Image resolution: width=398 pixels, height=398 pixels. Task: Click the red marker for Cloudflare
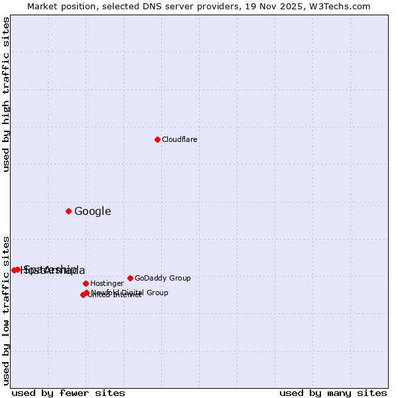click(157, 139)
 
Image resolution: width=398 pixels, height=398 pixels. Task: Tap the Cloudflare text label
click(179, 140)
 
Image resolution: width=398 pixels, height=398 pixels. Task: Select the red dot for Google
click(68, 211)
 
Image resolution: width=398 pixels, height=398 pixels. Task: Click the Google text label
click(92, 212)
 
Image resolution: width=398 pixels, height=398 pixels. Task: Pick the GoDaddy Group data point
click(130, 278)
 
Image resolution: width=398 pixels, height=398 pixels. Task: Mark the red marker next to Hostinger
click(86, 283)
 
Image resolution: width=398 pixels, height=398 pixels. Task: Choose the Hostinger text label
click(107, 284)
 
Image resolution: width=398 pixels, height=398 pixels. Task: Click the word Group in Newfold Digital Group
click(157, 293)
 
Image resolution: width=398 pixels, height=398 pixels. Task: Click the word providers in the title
click(212, 7)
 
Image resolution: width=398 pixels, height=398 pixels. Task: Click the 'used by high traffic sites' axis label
click(7, 94)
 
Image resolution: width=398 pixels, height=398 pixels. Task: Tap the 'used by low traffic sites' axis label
click(7, 310)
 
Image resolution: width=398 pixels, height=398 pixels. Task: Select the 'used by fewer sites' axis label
click(68, 393)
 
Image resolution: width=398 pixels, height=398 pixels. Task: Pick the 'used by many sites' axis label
click(333, 393)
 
